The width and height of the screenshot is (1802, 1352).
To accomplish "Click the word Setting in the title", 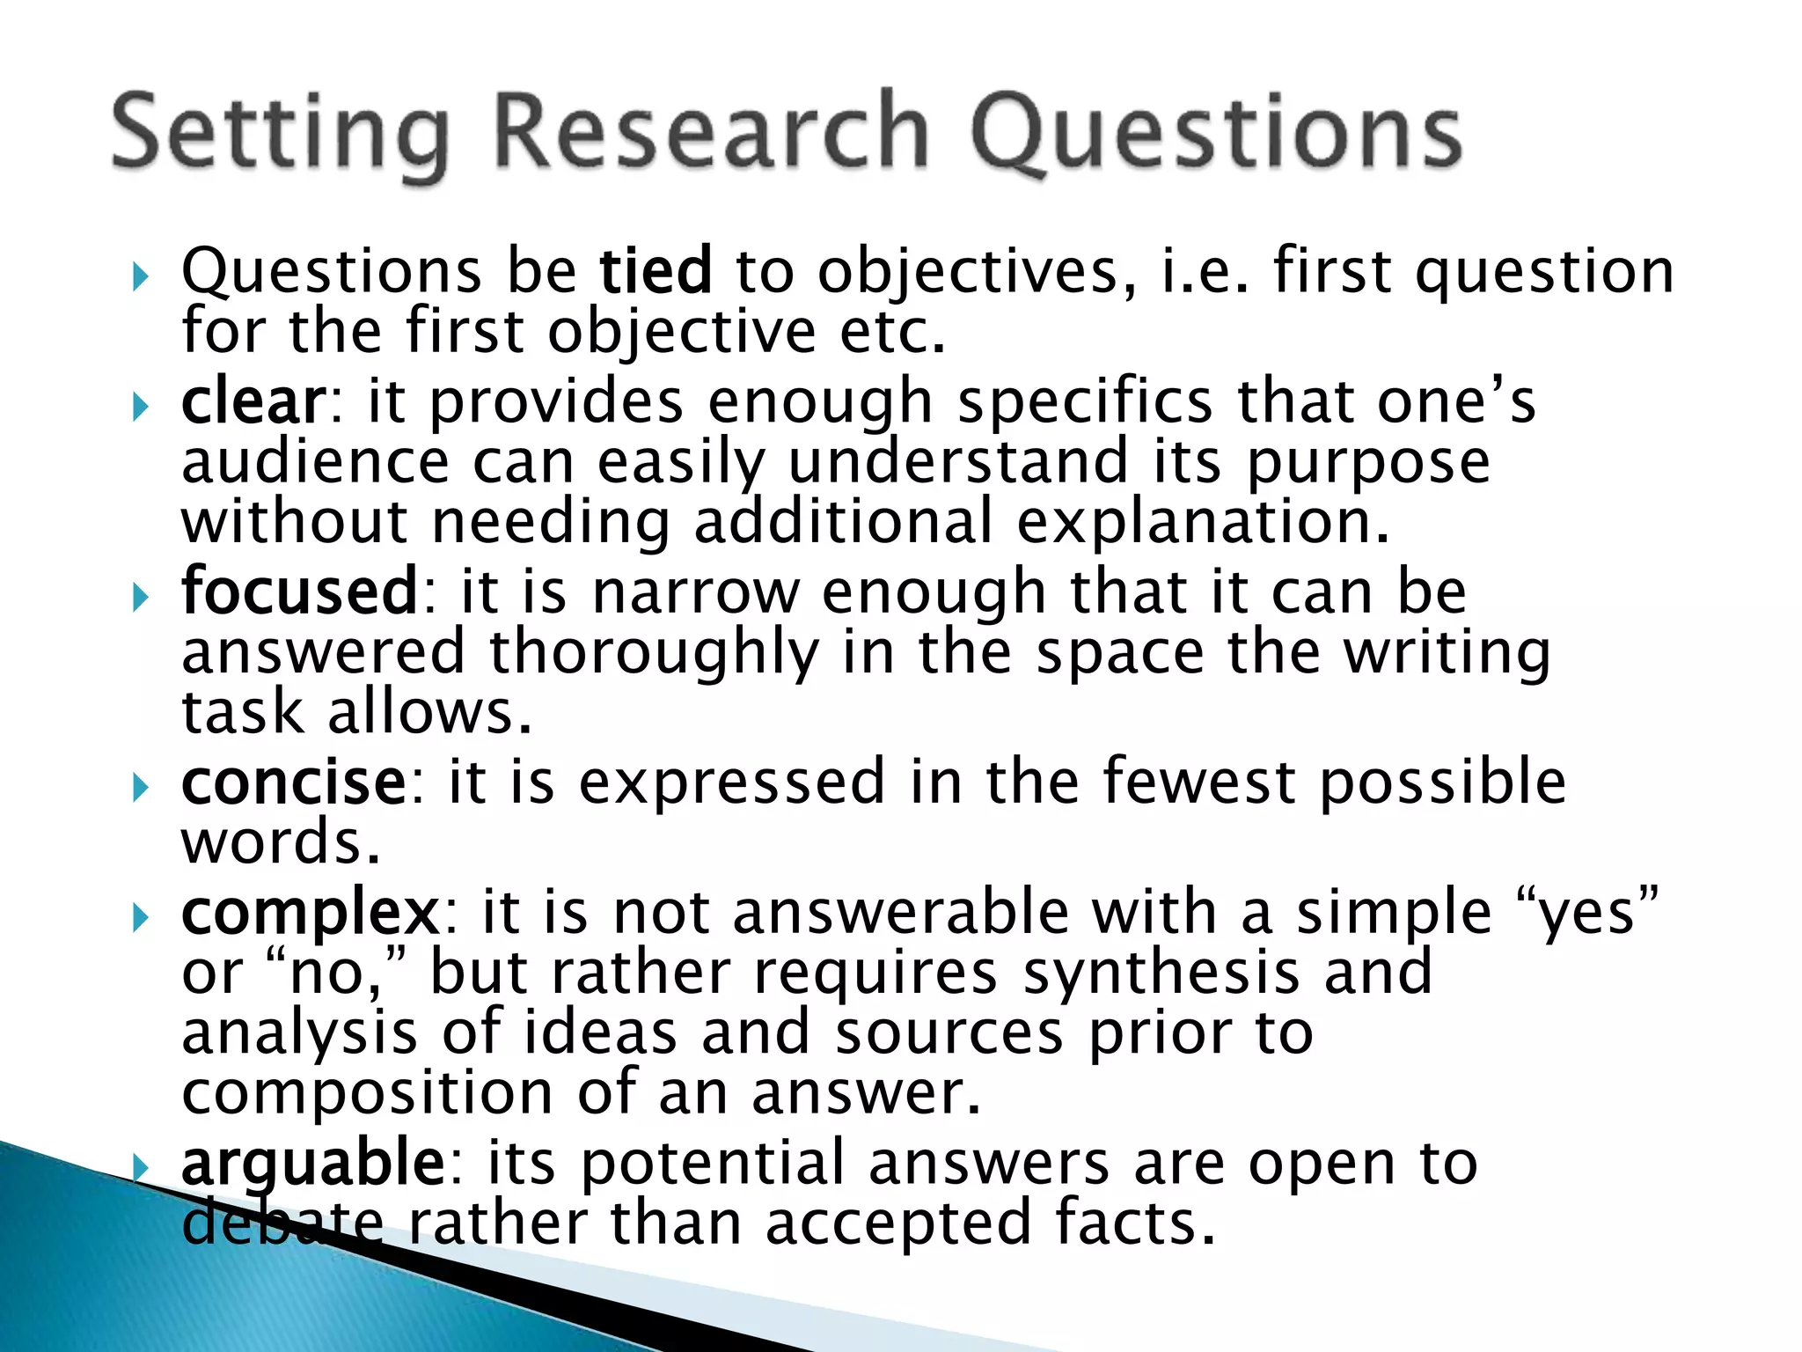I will click(280, 134).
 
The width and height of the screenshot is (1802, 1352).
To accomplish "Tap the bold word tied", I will click(656, 270).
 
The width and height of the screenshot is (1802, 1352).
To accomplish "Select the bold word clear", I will click(253, 401).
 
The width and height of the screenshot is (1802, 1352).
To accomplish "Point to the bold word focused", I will click(299, 591).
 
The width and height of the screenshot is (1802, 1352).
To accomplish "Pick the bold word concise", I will click(294, 782).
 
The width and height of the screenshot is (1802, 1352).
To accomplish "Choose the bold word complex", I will click(310, 912).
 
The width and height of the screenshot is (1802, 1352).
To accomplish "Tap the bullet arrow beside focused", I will click(141, 599).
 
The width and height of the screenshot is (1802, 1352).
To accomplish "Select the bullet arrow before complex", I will click(141, 918).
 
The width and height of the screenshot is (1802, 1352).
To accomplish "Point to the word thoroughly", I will click(654, 653).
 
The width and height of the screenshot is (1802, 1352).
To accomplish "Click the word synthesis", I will click(1161, 973).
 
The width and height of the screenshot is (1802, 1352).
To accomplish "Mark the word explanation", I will click(1203, 521).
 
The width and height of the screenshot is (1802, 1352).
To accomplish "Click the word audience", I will click(315, 461).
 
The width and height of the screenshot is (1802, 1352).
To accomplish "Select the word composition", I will click(367, 1092).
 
